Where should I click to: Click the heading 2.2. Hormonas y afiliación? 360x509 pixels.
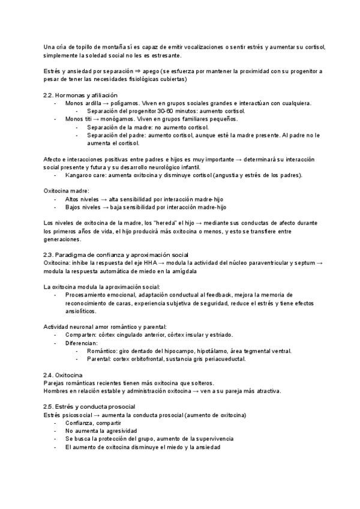[x=80, y=95]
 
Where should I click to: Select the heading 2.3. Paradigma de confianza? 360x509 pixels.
[x=112, y=254]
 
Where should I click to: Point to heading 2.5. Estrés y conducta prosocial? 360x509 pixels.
[x=89, y=406]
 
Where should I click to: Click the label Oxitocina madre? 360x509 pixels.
[x=67, y=190]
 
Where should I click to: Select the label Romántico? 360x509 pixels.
[x=101, y=351]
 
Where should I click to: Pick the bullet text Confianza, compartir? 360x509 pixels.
[x=93, y=423]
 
